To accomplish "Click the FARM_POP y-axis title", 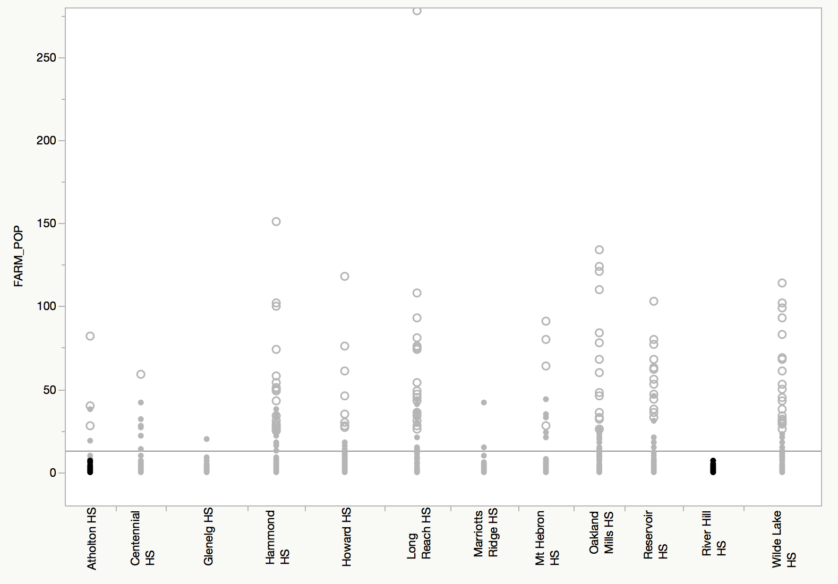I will coord(19,256).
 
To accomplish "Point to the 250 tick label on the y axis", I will coord(46,57).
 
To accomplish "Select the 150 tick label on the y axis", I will coord(46,224).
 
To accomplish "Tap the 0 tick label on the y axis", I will coord(53,473).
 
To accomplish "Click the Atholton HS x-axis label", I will coord(91,538).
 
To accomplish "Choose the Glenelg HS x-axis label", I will coord(208,536).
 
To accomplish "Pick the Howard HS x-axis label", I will coord(346,537).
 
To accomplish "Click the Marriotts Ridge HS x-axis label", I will coord(485,533).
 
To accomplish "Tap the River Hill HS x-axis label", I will coord(713,534).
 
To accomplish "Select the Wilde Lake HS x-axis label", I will coord(783,538).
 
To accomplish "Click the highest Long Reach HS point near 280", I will coord(417,11).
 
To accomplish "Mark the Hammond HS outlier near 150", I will coord(276,221).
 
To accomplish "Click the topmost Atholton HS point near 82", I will coord(90,336).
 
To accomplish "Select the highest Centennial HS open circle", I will coord(141,374).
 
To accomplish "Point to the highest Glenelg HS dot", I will coord(207,439).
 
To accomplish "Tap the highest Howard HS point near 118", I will coord(345,276).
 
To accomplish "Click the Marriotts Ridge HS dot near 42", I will coord(484,402).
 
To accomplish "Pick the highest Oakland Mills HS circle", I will coord(599,250).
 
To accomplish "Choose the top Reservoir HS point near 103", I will coord(654,301).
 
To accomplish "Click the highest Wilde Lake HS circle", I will coord(782,283).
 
